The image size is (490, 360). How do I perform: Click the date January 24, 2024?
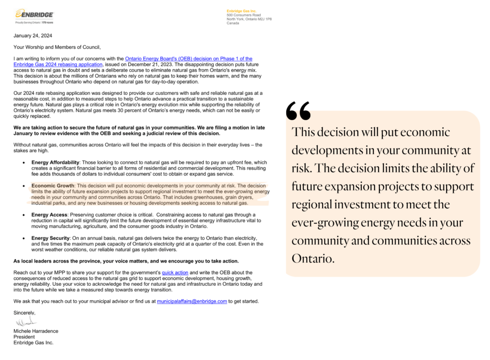click(x=33, y=35)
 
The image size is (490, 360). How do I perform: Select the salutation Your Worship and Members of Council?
click(x=57, y=47)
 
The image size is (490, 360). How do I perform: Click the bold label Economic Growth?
click(x=52, y=185)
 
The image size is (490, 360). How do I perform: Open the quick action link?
click(x=175, y=272)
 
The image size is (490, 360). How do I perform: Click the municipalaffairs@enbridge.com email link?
click(x=192, y=301)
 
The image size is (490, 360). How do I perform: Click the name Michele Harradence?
click(x=36, y=331)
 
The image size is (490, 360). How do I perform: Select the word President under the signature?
click(x=25, y=337)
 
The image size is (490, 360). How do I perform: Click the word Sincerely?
click(x=24, y=313)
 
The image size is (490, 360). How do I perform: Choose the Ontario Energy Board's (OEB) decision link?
click(x=189, y=58)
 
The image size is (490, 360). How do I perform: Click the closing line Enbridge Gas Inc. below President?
click(x=33, y=342)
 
